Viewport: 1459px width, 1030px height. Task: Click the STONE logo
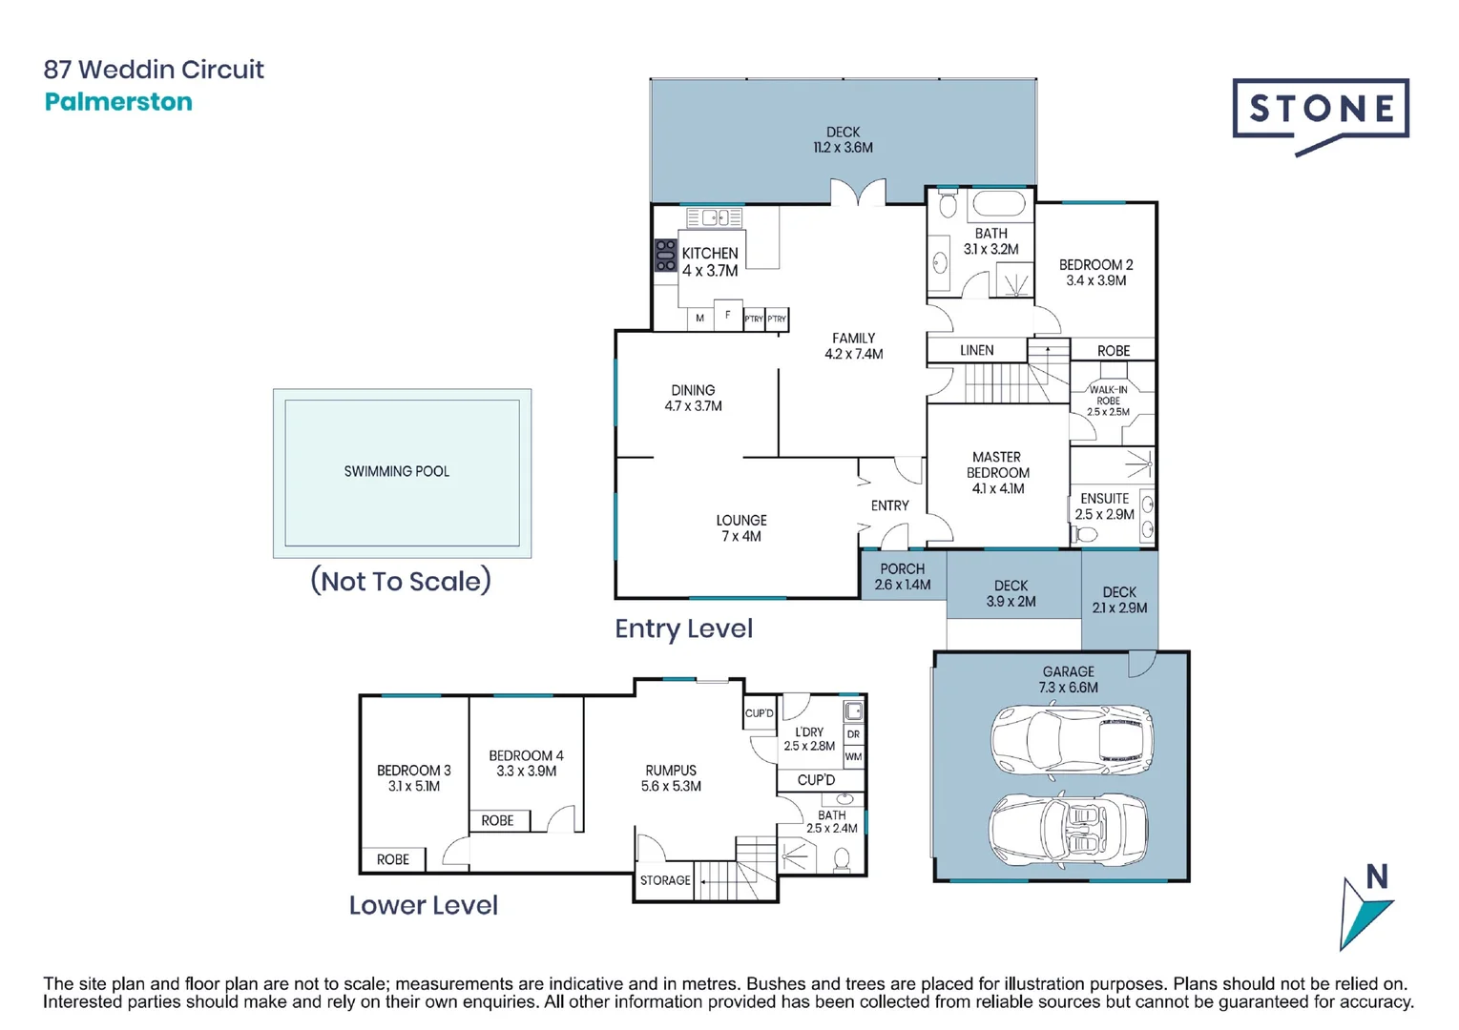point(1320,111)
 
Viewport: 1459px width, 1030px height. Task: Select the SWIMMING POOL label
point(396,471)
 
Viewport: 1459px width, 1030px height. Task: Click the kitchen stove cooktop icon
point(665,256)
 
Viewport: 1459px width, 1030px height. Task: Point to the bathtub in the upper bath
point(997,203)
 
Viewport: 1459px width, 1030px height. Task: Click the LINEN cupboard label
point(976,350)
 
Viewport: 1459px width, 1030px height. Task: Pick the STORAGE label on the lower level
point(664,880)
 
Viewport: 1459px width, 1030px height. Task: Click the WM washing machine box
point(853,756)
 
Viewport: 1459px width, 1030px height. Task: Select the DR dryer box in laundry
point(853,733)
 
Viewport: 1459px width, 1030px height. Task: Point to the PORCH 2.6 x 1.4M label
point(902,577)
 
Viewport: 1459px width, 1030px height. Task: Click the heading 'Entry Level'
point(683,628)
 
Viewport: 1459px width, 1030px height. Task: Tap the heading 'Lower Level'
point(423,905)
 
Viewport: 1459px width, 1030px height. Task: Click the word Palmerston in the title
point(118,102)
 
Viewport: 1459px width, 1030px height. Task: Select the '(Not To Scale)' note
point(401,581)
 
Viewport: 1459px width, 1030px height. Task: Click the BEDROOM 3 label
point(413,778)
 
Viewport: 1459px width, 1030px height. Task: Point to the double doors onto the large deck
point(858,193)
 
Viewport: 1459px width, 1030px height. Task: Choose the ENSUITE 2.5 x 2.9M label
point(1104,506)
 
